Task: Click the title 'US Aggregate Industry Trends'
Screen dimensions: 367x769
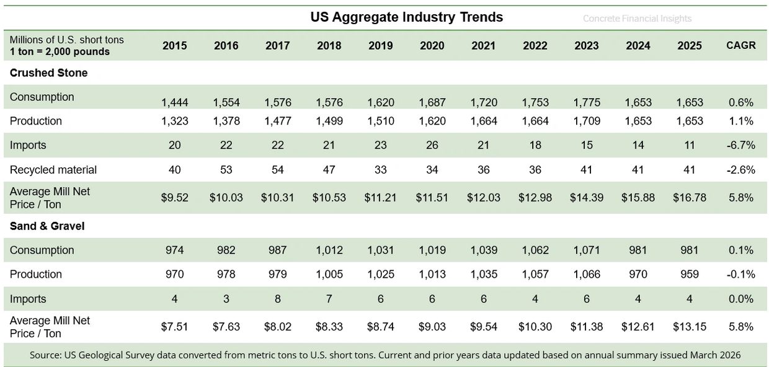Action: [406, 17]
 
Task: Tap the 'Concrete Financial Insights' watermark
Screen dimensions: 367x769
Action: [637, 19]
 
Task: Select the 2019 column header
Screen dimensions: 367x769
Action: [380, 45]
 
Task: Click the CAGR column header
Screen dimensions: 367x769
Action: [740, 45]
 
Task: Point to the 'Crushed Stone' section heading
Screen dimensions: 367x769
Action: [48, 73]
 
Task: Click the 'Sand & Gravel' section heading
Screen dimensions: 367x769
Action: [47, 226]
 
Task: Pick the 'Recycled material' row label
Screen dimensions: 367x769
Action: [53, 169]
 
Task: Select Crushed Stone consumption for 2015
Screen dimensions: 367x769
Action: [175, 102]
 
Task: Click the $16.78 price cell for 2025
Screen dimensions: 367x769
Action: [689, 198]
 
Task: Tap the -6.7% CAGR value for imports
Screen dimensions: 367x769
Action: [740, 145]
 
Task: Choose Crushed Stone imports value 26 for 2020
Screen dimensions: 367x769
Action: [432, 145]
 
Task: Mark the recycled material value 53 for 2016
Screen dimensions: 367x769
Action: [226, 169]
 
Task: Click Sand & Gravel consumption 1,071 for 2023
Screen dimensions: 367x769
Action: [586, 250]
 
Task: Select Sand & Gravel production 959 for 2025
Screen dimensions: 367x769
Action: [689, 274]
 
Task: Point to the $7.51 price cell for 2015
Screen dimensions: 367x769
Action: [175, 327]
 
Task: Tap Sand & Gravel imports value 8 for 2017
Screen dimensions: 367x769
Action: [277, 299]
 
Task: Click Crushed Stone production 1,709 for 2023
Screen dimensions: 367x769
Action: [586, 121]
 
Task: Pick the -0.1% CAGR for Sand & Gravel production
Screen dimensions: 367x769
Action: [740, 274]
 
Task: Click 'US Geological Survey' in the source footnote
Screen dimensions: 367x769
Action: [110, 355]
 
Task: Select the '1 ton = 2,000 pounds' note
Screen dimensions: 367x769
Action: [60, 51]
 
